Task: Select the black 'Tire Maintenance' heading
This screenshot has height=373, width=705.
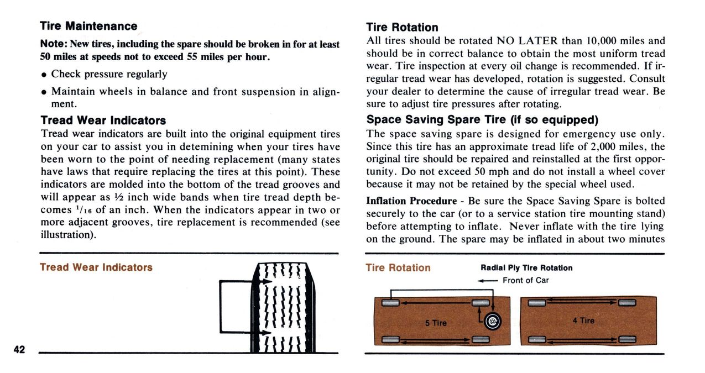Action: click(x=88, y=26)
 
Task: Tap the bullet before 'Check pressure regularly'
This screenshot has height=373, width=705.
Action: click(x=44, y=75)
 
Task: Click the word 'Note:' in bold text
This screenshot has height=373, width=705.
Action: click(x=54, y=44)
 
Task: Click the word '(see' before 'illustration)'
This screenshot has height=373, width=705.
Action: click(x=330, y=222)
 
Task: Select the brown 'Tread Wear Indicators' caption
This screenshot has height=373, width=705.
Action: click(x=96, y=267)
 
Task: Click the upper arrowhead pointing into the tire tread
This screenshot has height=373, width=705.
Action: click(x=268, y=282)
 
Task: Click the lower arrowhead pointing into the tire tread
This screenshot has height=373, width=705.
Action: click(x=268, y=333)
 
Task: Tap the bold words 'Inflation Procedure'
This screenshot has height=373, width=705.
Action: click(x=411, y=201)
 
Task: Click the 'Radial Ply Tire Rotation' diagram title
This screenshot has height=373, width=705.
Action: click(x=526, y=268)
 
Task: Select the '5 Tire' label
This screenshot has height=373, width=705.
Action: click(x=436, y=323)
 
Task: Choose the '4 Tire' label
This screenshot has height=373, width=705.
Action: click(x=583, y=321)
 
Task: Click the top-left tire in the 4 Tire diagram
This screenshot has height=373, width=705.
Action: click(x=537, y=302)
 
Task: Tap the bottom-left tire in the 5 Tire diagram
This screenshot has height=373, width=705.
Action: click(x=390, y=339)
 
